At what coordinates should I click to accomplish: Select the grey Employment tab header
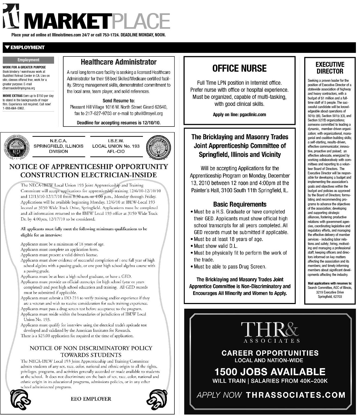[x=28, y=60]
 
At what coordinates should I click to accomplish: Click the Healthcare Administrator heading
[x=119, y=62]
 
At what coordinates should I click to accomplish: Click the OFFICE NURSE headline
[x=239, y=68]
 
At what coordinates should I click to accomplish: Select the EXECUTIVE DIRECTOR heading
[x=330, y=68]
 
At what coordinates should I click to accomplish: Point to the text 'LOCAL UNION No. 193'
[x=116, y=146]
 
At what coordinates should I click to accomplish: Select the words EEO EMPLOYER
[x=91, y=399]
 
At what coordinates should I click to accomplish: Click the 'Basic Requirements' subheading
[x=240, y=204]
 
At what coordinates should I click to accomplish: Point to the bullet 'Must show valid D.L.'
[x=215, y=246]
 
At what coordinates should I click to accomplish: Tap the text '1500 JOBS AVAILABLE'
[x=270, y=372]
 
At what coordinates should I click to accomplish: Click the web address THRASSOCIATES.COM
[x=295, y=395]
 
